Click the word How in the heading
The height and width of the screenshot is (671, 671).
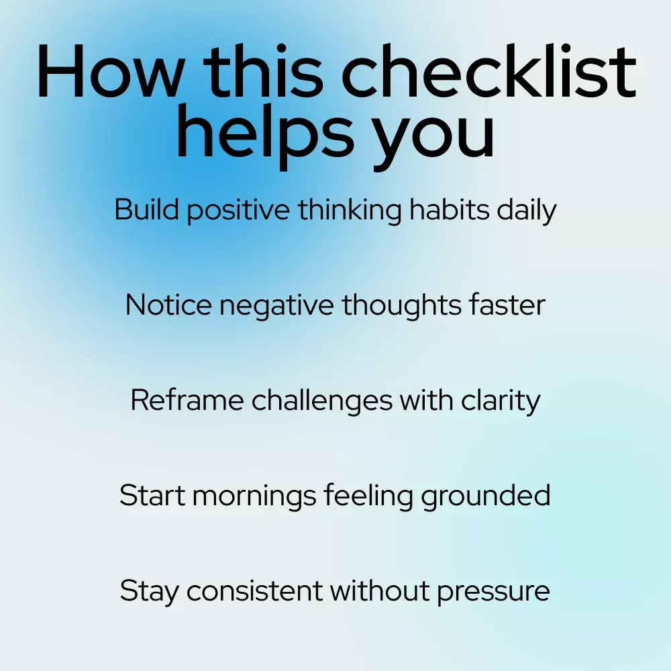111,72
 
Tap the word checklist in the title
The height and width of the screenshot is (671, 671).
488,70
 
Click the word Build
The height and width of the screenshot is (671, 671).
146,209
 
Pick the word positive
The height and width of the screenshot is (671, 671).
238,211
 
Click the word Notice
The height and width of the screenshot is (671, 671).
168,305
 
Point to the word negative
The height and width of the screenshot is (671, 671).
277,307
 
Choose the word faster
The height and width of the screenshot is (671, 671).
507,305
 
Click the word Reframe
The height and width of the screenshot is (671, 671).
187,401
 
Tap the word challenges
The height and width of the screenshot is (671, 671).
322,401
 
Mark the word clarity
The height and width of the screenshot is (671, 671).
501,401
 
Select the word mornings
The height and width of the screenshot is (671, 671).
254,497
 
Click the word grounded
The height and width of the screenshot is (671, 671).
486,496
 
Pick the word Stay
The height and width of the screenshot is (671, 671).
149,592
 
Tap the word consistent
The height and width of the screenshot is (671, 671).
254,591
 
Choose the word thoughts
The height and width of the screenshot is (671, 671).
401,306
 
